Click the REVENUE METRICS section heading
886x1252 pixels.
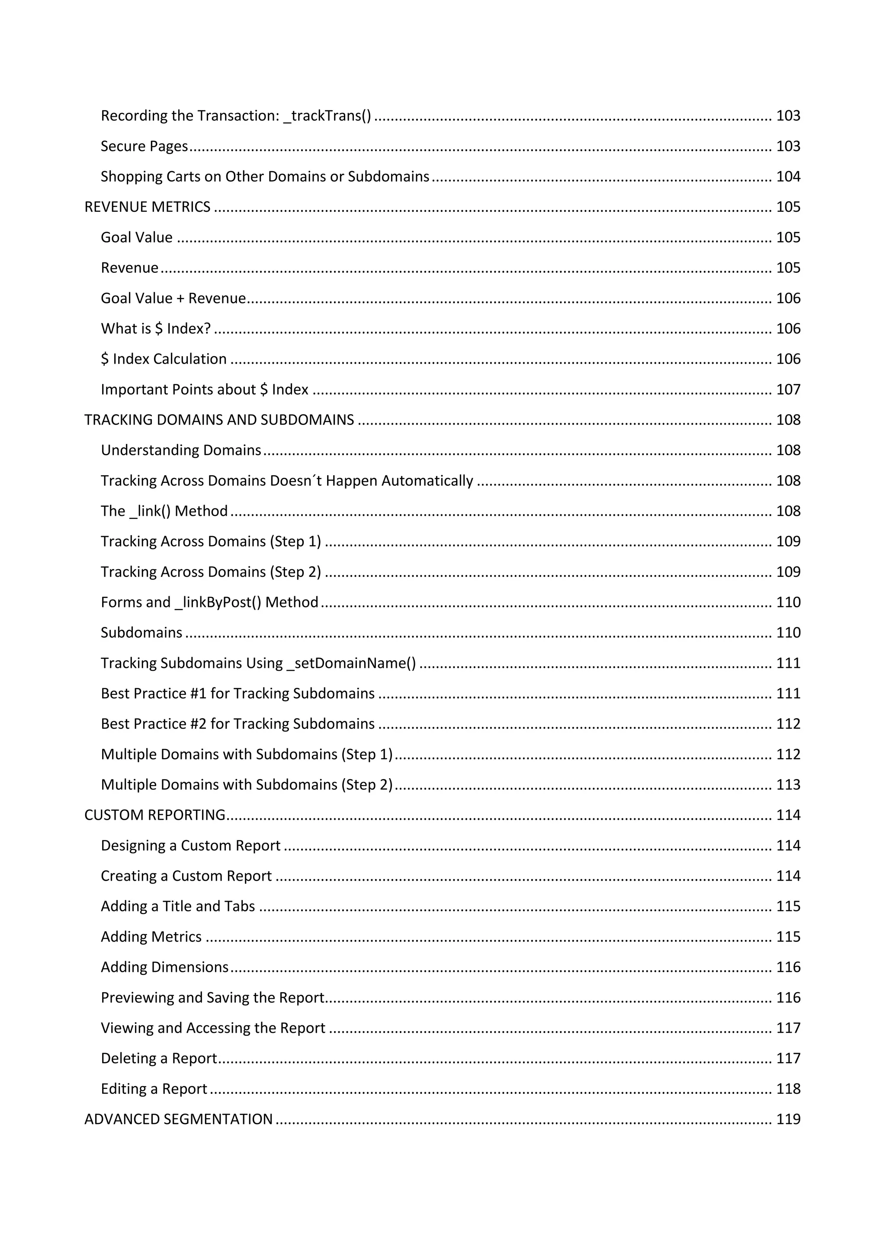pos(147,207)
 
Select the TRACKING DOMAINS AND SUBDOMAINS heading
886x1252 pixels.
pos(219,420)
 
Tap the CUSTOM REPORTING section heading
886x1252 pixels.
pos(154,815)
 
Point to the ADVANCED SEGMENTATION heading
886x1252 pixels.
pos(178,1119)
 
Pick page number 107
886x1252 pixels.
pos(788,390)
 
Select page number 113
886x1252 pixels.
pos(788,785)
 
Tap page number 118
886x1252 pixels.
pos(788,1089)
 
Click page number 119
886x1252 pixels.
pos(788,1119)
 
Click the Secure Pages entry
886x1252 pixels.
pos(144,146)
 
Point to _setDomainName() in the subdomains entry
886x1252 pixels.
pos(351,664)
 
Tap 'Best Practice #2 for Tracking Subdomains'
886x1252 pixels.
pos(238,724)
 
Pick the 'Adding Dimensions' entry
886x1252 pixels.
pos(164,968)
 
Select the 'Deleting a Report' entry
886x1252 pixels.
pos(159,1058)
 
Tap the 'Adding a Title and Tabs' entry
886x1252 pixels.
pos(178,906)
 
